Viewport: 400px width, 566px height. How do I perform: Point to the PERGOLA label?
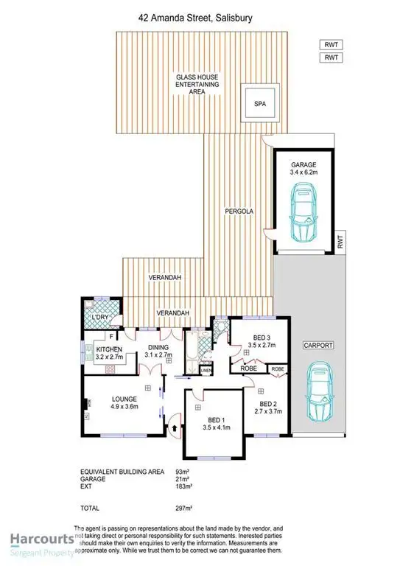click(239, 212)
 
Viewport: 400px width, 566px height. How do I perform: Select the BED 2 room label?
click(270, 408)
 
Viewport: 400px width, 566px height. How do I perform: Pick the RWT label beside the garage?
click(340, 239)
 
